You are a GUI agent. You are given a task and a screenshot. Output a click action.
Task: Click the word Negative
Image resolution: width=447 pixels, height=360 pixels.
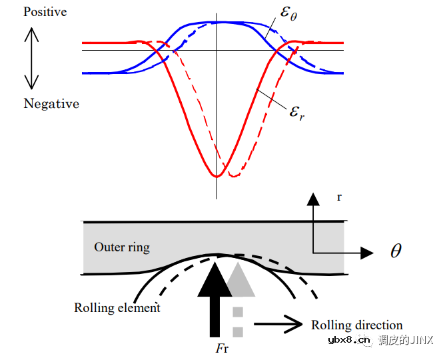tap(51, 103)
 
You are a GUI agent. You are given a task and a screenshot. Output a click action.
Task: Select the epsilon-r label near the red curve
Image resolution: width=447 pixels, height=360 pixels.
tap(297, 111)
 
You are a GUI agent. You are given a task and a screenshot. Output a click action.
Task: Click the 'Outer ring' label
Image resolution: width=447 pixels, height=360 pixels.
tap(122, 247)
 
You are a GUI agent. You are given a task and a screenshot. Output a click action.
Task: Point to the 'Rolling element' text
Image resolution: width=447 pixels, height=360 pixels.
tap(117, 308)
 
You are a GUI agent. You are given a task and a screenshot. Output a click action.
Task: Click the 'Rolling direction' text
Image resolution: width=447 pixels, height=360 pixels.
tap(357, 325)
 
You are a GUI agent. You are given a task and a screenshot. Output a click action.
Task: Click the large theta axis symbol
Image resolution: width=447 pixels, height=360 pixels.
tap(396, 251)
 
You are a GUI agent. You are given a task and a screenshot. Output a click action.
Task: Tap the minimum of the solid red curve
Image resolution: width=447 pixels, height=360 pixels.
tap(217, 176)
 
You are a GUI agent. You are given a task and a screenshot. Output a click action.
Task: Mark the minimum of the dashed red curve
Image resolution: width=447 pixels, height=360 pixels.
tap(233, 176)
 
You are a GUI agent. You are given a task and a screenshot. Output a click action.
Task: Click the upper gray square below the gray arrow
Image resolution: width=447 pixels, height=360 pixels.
tap(237, 312)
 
